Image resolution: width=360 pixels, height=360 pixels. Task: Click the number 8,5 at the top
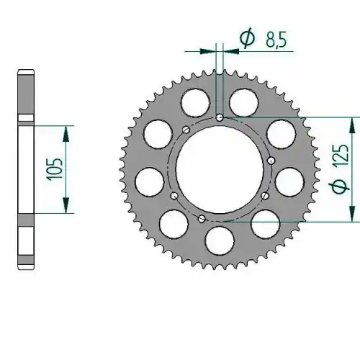(276, 40)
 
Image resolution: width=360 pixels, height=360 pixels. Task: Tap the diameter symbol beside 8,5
(248, 38)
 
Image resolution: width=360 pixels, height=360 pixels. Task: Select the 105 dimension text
(54, 169)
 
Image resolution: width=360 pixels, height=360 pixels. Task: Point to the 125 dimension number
(340, 155)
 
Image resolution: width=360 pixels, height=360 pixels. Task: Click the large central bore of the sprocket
(220, 169)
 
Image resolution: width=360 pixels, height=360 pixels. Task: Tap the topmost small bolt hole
(220, 117)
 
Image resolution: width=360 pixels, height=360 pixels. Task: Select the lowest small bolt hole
(202, 218)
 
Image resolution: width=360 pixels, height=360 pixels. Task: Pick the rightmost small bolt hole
(271, 160)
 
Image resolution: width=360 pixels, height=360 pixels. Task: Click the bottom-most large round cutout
(220, 240)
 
